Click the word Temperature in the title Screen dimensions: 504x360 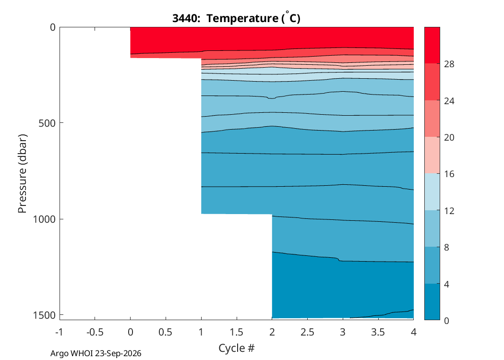click(x=242, y=18)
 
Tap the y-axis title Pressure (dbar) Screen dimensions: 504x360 click(x=22, y=174)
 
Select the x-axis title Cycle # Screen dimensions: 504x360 click(x=237, y=348)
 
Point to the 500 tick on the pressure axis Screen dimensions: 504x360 click(x=47, y=123)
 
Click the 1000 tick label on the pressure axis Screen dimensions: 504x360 click(x=44, y=219)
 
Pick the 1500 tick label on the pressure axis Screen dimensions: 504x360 click(x=44, y=315)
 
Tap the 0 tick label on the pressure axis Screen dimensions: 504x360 click(x=53, y=28)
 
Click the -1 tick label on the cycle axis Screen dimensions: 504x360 click(x=59, y=332)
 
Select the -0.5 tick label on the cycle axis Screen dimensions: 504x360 click(x=95, y=332)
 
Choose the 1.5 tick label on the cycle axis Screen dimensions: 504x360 click(x=237, y=332)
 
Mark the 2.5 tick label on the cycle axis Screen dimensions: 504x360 click(x=307, y=332)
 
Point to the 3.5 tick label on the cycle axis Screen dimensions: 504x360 click(x=378, y=332)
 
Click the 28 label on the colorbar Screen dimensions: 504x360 click(x=449, y=64)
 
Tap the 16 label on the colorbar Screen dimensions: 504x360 click(x=449, y=174)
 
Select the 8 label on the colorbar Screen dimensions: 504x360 click(x=446, y=248)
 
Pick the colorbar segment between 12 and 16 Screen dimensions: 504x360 click(x=432, y=192)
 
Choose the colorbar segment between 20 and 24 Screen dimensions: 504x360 click(x=432, y=119)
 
